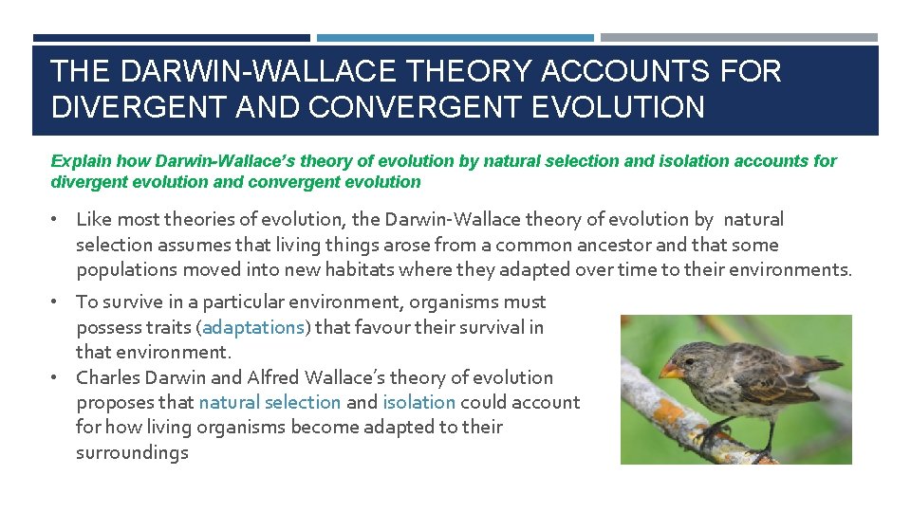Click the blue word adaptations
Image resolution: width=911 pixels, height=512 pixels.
[x=252, y=327]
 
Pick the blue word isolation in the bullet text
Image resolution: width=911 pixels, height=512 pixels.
[x=418, y=402]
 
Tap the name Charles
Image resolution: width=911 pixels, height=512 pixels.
[x=106, y=377]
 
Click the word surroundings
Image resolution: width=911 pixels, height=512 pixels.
[x=132, y=452]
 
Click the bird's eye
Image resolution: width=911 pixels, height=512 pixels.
[x=689, y=358]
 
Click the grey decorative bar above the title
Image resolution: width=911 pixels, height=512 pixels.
[x=739, y=38]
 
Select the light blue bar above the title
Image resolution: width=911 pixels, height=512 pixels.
[x=455, y=38]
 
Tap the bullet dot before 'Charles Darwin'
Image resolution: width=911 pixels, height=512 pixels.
[x=57, y=377]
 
